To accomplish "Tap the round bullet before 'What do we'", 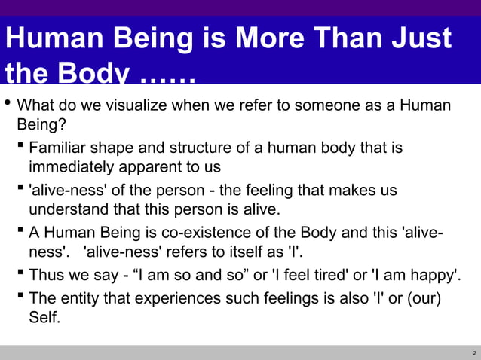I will pos(8,103).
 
